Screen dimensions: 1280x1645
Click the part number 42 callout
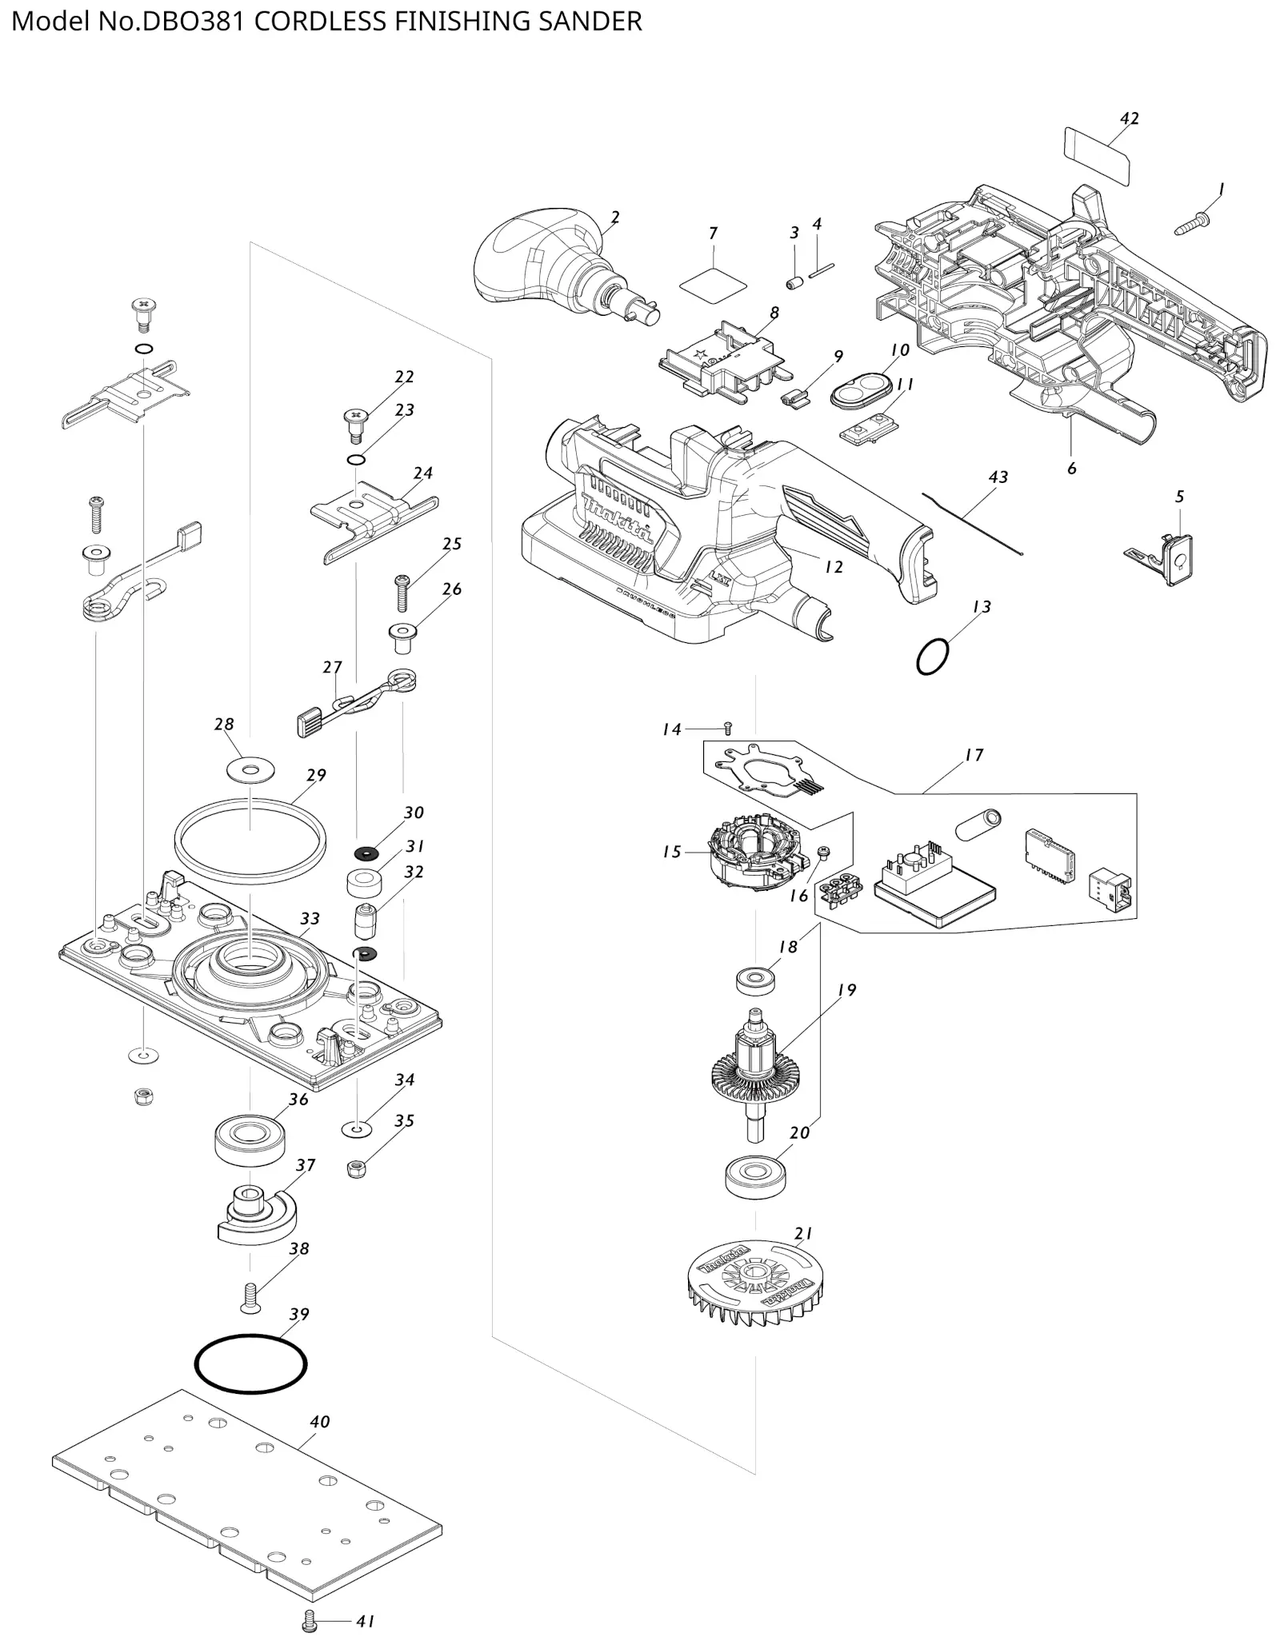point(1129,118)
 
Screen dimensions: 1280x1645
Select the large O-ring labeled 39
point(250,1363)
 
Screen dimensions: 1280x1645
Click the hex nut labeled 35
point(356,1169)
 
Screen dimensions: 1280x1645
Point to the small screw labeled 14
point(727,728)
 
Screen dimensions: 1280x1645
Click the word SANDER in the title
point(590,22)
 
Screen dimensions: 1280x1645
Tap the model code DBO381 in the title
point(193,22)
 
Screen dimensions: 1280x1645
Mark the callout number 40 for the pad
point(320,1422)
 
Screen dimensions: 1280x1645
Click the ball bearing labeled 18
point(755,980)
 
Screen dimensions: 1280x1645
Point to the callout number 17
point(974,755)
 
